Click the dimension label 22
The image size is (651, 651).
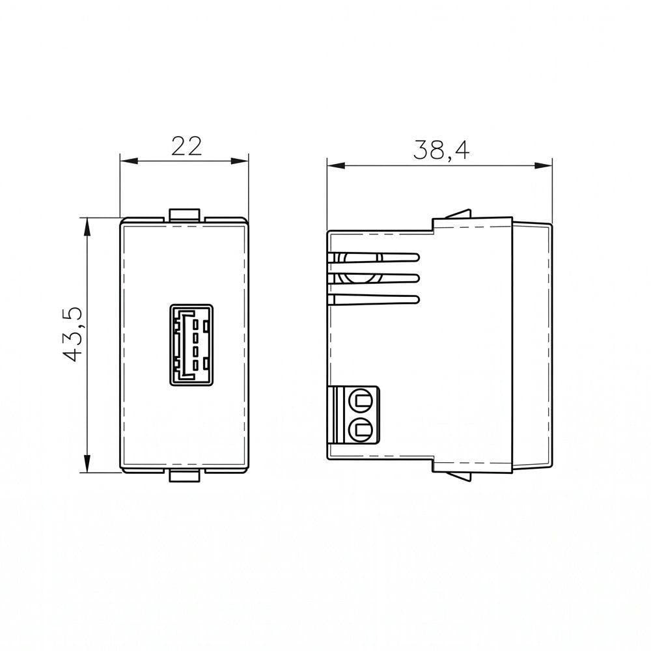187,146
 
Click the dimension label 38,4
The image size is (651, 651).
441,150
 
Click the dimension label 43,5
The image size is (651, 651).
74,335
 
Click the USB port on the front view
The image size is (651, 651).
191,345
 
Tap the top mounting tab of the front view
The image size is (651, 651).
185,214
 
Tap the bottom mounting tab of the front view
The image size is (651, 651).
185,477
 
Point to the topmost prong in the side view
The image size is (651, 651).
373,257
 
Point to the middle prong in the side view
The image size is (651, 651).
373,278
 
